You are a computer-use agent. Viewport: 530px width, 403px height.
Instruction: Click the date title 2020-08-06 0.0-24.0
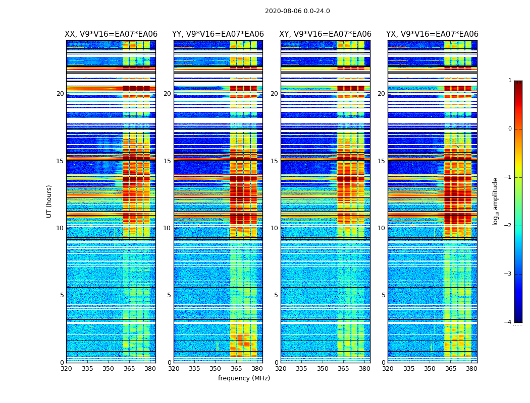[x=297, y=11]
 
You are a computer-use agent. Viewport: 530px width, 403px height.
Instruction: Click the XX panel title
[x=111, y=34]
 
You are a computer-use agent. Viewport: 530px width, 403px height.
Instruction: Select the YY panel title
[x=218, y=34]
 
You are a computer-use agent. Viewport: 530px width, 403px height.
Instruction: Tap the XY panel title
[x=326, y=34]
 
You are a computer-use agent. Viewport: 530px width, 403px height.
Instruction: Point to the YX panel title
[x=432, y=34]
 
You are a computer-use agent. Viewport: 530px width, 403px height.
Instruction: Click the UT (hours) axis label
[x=49, y=201]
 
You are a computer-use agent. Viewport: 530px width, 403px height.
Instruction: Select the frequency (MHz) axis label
[x=244, y=378]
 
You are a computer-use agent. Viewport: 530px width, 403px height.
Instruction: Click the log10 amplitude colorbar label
[x=496, y=201]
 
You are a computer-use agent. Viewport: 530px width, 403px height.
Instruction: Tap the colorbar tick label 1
[x=510, y=81]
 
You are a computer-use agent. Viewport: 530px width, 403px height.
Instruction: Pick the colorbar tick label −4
[x=508, y=322]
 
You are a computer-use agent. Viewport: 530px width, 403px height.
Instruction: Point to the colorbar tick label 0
[x=510, y=129]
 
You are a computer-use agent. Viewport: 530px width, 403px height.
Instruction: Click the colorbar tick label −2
[x=508, y=226]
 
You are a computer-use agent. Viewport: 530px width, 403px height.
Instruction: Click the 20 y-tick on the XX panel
[x=60, y=94]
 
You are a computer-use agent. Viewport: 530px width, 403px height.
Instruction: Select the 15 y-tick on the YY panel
[x=167, y=161]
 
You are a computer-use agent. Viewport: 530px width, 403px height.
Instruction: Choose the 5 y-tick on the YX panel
[x=383, y=295]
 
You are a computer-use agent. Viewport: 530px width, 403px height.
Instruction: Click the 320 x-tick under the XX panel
[x=66, y=369]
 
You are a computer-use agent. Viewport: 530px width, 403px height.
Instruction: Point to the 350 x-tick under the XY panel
[x=323, y=369]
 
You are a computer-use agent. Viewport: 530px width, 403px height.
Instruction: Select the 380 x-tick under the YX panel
[x=471, y=369]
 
